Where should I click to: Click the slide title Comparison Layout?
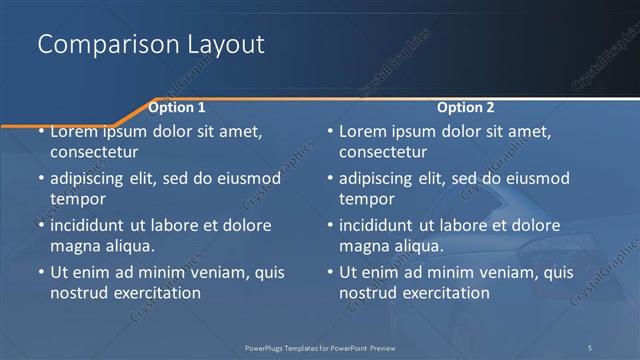point(150,45)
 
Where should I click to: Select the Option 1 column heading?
point(177,107)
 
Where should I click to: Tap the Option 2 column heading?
point(466,107)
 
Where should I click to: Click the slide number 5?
point(590,347)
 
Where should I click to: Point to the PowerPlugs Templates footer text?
point(330,347)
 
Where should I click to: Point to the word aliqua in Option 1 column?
point(129,246)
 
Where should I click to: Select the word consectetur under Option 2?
point(383,152)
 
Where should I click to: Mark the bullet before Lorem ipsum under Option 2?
point(330,131)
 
